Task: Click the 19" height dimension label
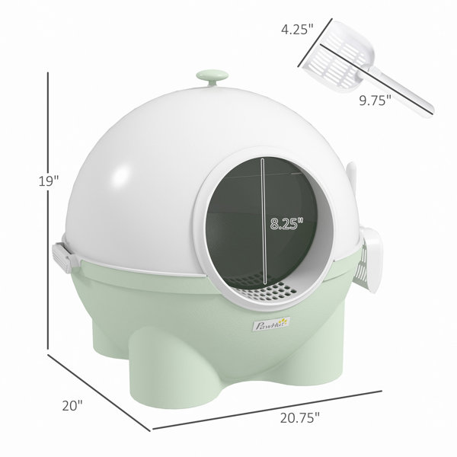(x=49, y=181)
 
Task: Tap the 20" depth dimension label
(x=72, y=405)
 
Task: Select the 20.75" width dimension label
(x=300, y=417)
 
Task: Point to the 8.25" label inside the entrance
(x=286, y=224)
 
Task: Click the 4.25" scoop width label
(x=297, y=29)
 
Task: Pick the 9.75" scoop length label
(x=375, y=101)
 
